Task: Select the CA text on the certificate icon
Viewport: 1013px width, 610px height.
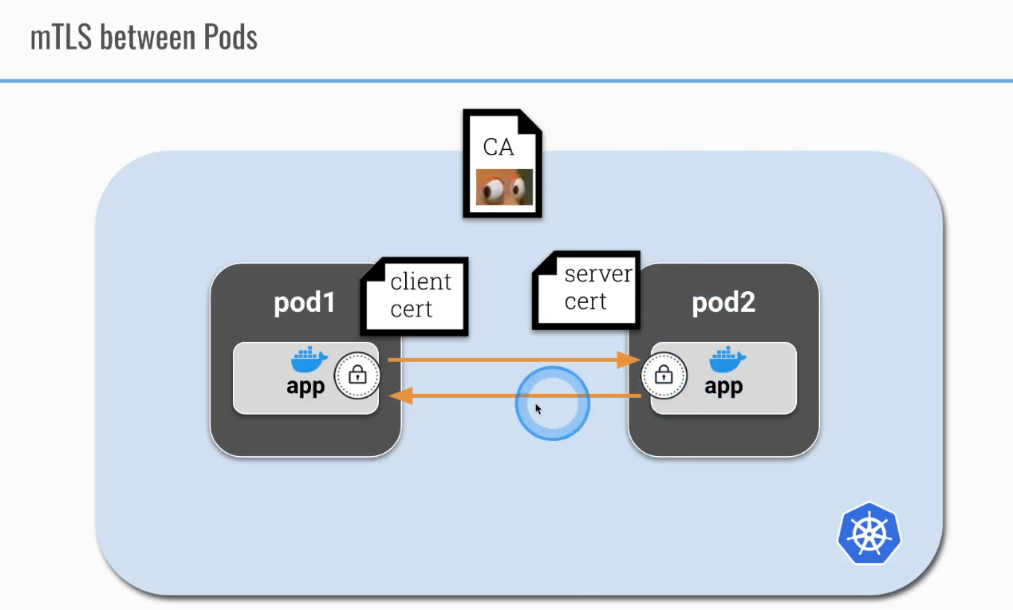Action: click(499, 147)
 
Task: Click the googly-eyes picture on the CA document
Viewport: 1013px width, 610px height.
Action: click(504, 188)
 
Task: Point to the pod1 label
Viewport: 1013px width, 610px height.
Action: click(305, 303)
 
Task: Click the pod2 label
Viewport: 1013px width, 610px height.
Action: click(723, 303)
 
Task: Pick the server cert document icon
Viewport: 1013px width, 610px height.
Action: click(585, 289)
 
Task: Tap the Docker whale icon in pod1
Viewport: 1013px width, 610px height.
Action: click(309, 360)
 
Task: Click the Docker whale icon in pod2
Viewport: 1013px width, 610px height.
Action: click(727, 360)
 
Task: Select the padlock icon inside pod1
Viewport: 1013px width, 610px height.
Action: click(357, 375)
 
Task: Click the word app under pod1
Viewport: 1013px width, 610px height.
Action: click(306, 387)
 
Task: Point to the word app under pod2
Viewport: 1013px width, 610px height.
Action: click(724, 387)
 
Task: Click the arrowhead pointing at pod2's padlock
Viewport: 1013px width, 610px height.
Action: click(632, 360)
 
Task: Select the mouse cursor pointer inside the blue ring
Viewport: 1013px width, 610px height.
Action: click(538, 409)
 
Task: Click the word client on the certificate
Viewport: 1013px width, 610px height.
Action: click(420, 281)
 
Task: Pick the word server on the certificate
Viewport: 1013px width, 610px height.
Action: click(597, 274)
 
